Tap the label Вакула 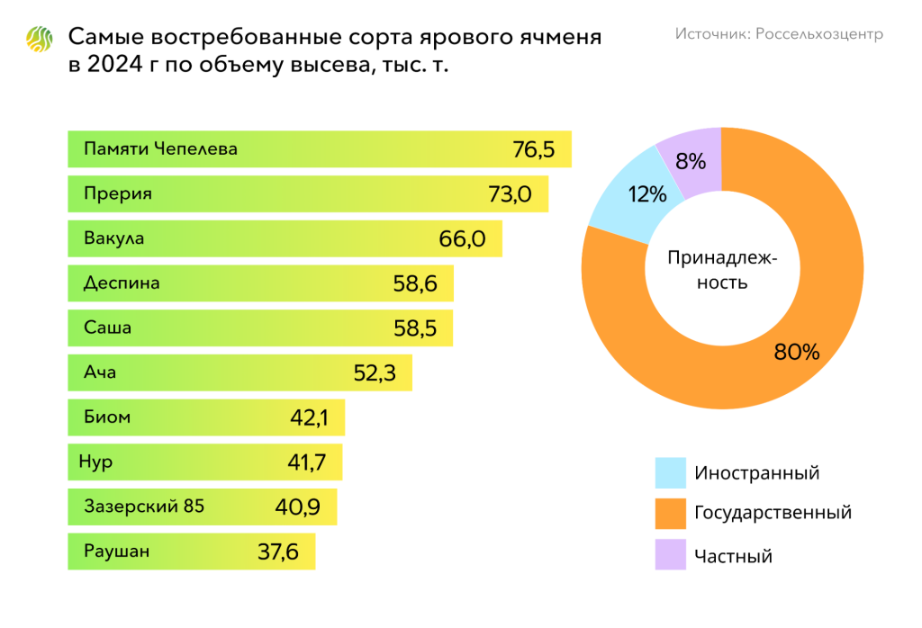(x=113, y=238)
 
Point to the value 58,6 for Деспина (x=415, y=283)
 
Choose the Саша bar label (x=107, y=327)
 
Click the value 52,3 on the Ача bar (x=375, y=372)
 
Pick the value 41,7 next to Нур (x=305, y=462)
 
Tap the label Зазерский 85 (x=144, y=507)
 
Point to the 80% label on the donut (x=796, y=352)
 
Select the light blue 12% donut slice (x=628, y=196)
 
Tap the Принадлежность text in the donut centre (x=721, y=269)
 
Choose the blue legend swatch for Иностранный (x=670, y=472)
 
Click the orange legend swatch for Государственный (x=670, y=514)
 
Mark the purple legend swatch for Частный (x=670, y=555)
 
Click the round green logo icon (x=41, y=39)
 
